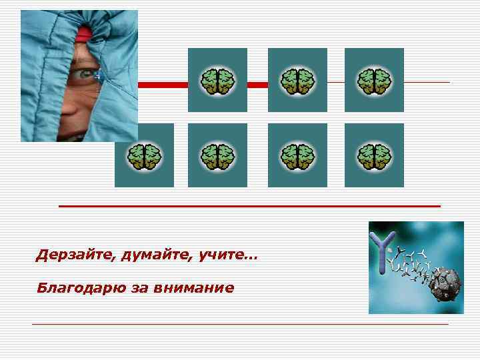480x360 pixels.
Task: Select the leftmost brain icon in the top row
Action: [217, 81]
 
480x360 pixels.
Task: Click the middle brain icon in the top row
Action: [297, 81]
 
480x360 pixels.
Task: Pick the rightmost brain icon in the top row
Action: [374, 81]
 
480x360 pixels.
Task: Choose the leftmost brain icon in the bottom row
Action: [144, 156]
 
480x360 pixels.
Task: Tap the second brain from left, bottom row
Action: [217, 156]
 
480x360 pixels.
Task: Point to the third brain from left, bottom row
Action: [297, 156]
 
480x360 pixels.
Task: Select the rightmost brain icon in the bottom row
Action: [374, 156]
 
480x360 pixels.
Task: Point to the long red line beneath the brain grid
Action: [250, 207]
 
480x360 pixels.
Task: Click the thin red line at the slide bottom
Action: [240, 324]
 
